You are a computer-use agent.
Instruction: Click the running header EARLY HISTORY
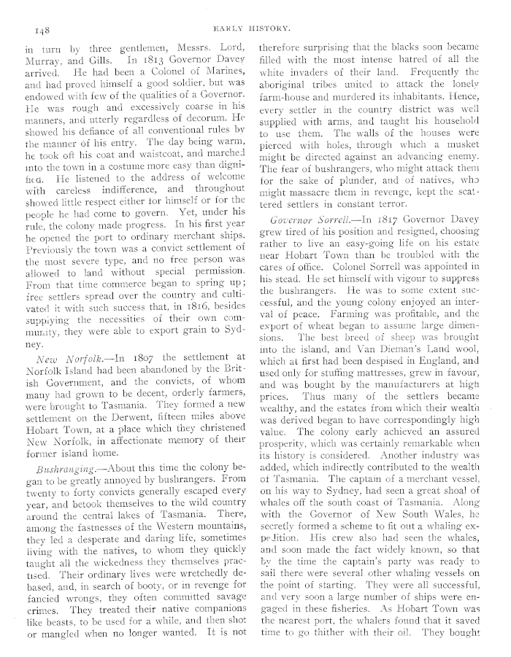pos(253,29)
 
